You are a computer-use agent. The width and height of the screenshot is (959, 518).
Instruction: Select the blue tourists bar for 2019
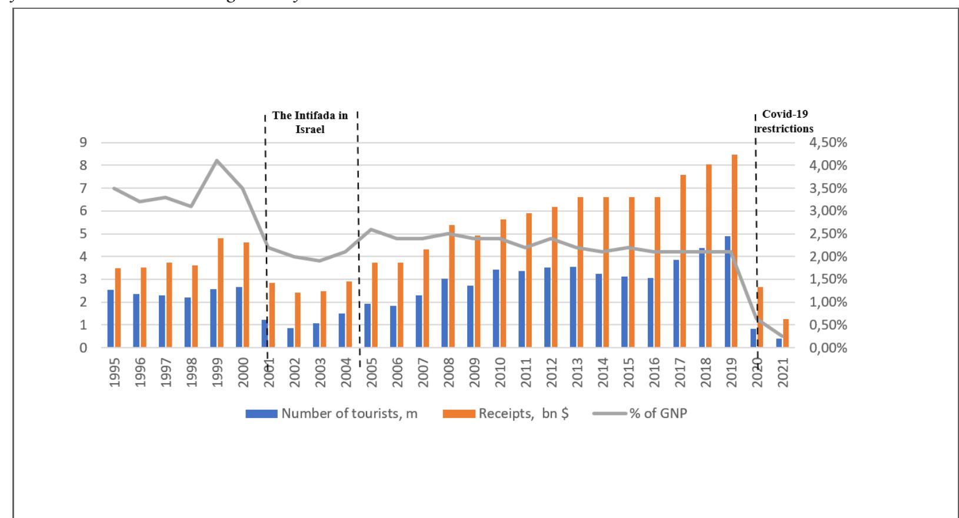(x=728, y=292)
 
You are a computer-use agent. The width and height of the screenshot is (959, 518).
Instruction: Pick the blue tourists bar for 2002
(x=290, y=338)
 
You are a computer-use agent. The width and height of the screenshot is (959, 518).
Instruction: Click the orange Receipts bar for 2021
(x=786, y=333)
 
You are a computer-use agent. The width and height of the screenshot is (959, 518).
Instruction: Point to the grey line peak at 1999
(x=217, y=160)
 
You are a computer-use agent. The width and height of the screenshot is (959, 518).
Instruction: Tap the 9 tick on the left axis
(x=83, y=142)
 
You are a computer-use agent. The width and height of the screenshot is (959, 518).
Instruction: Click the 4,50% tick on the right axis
(x=827, y=142)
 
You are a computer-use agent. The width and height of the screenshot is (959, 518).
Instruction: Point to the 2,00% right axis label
(x=827, y=257)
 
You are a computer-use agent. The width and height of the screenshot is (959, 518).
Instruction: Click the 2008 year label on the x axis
(x=449, y=372)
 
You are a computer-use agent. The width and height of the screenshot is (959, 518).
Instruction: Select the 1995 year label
(x=114, y=372)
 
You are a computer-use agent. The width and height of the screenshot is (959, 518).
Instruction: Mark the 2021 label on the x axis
(x=783, y=372)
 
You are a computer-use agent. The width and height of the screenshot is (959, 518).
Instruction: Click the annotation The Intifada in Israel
(x=310, y=122)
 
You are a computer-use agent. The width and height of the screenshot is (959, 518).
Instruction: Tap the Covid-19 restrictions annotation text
(x=785, y=121)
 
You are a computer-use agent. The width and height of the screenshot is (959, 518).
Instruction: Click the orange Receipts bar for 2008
(x=452, y=286)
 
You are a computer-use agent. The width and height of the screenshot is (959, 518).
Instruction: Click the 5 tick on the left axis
(x=83, y=234)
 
